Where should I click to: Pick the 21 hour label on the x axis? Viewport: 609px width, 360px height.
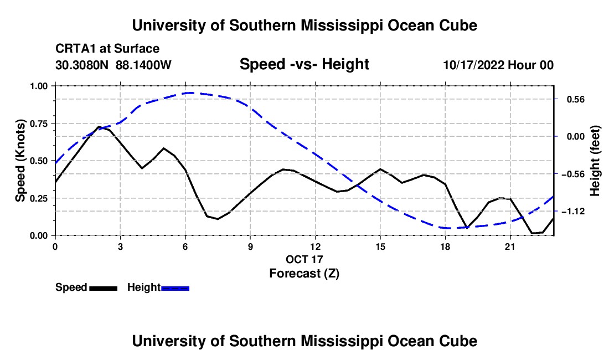coord(510,246)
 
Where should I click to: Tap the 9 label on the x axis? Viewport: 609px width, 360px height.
coord(250,246)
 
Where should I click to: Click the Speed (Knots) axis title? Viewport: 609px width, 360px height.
coord(20,161)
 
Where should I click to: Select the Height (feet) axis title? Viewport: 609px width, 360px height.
coord(595,161)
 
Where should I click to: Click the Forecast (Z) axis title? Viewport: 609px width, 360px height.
coord(304,273)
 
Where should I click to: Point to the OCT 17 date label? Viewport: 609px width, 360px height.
coord(304,259)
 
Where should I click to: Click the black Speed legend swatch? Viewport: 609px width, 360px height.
coord(104,288)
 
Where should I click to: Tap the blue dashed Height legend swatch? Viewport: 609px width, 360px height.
coord(175,288)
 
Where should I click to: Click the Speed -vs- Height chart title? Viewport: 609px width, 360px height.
coord(304,64)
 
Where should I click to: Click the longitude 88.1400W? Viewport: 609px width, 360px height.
coord(143,65)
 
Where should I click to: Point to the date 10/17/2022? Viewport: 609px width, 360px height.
coord(474,65)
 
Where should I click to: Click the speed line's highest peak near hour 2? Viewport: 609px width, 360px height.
coord(99,127)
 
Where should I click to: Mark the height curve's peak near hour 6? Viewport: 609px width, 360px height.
coord(189,93)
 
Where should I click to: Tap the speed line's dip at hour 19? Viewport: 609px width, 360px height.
coord(467,228)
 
